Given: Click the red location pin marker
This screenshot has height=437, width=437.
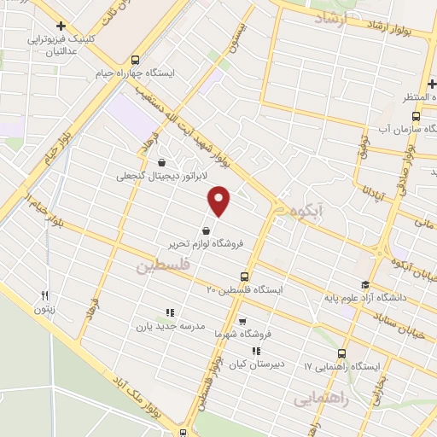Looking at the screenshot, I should tap(219, 201).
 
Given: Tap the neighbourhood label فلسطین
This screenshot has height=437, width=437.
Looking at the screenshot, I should tap(159, 267).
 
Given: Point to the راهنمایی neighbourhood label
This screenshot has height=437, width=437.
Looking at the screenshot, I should tap(317, 398).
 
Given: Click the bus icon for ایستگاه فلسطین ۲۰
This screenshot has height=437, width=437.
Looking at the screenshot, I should tap(245, 277).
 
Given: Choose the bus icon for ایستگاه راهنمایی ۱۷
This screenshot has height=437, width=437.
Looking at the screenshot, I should tap(342, 353).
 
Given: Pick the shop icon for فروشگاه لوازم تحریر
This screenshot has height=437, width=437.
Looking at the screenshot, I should tap(206, 230).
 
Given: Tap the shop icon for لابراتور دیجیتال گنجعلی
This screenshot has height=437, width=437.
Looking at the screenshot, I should tap(162, 164).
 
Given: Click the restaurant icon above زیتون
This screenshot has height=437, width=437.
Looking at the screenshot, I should tap(44, 296).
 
